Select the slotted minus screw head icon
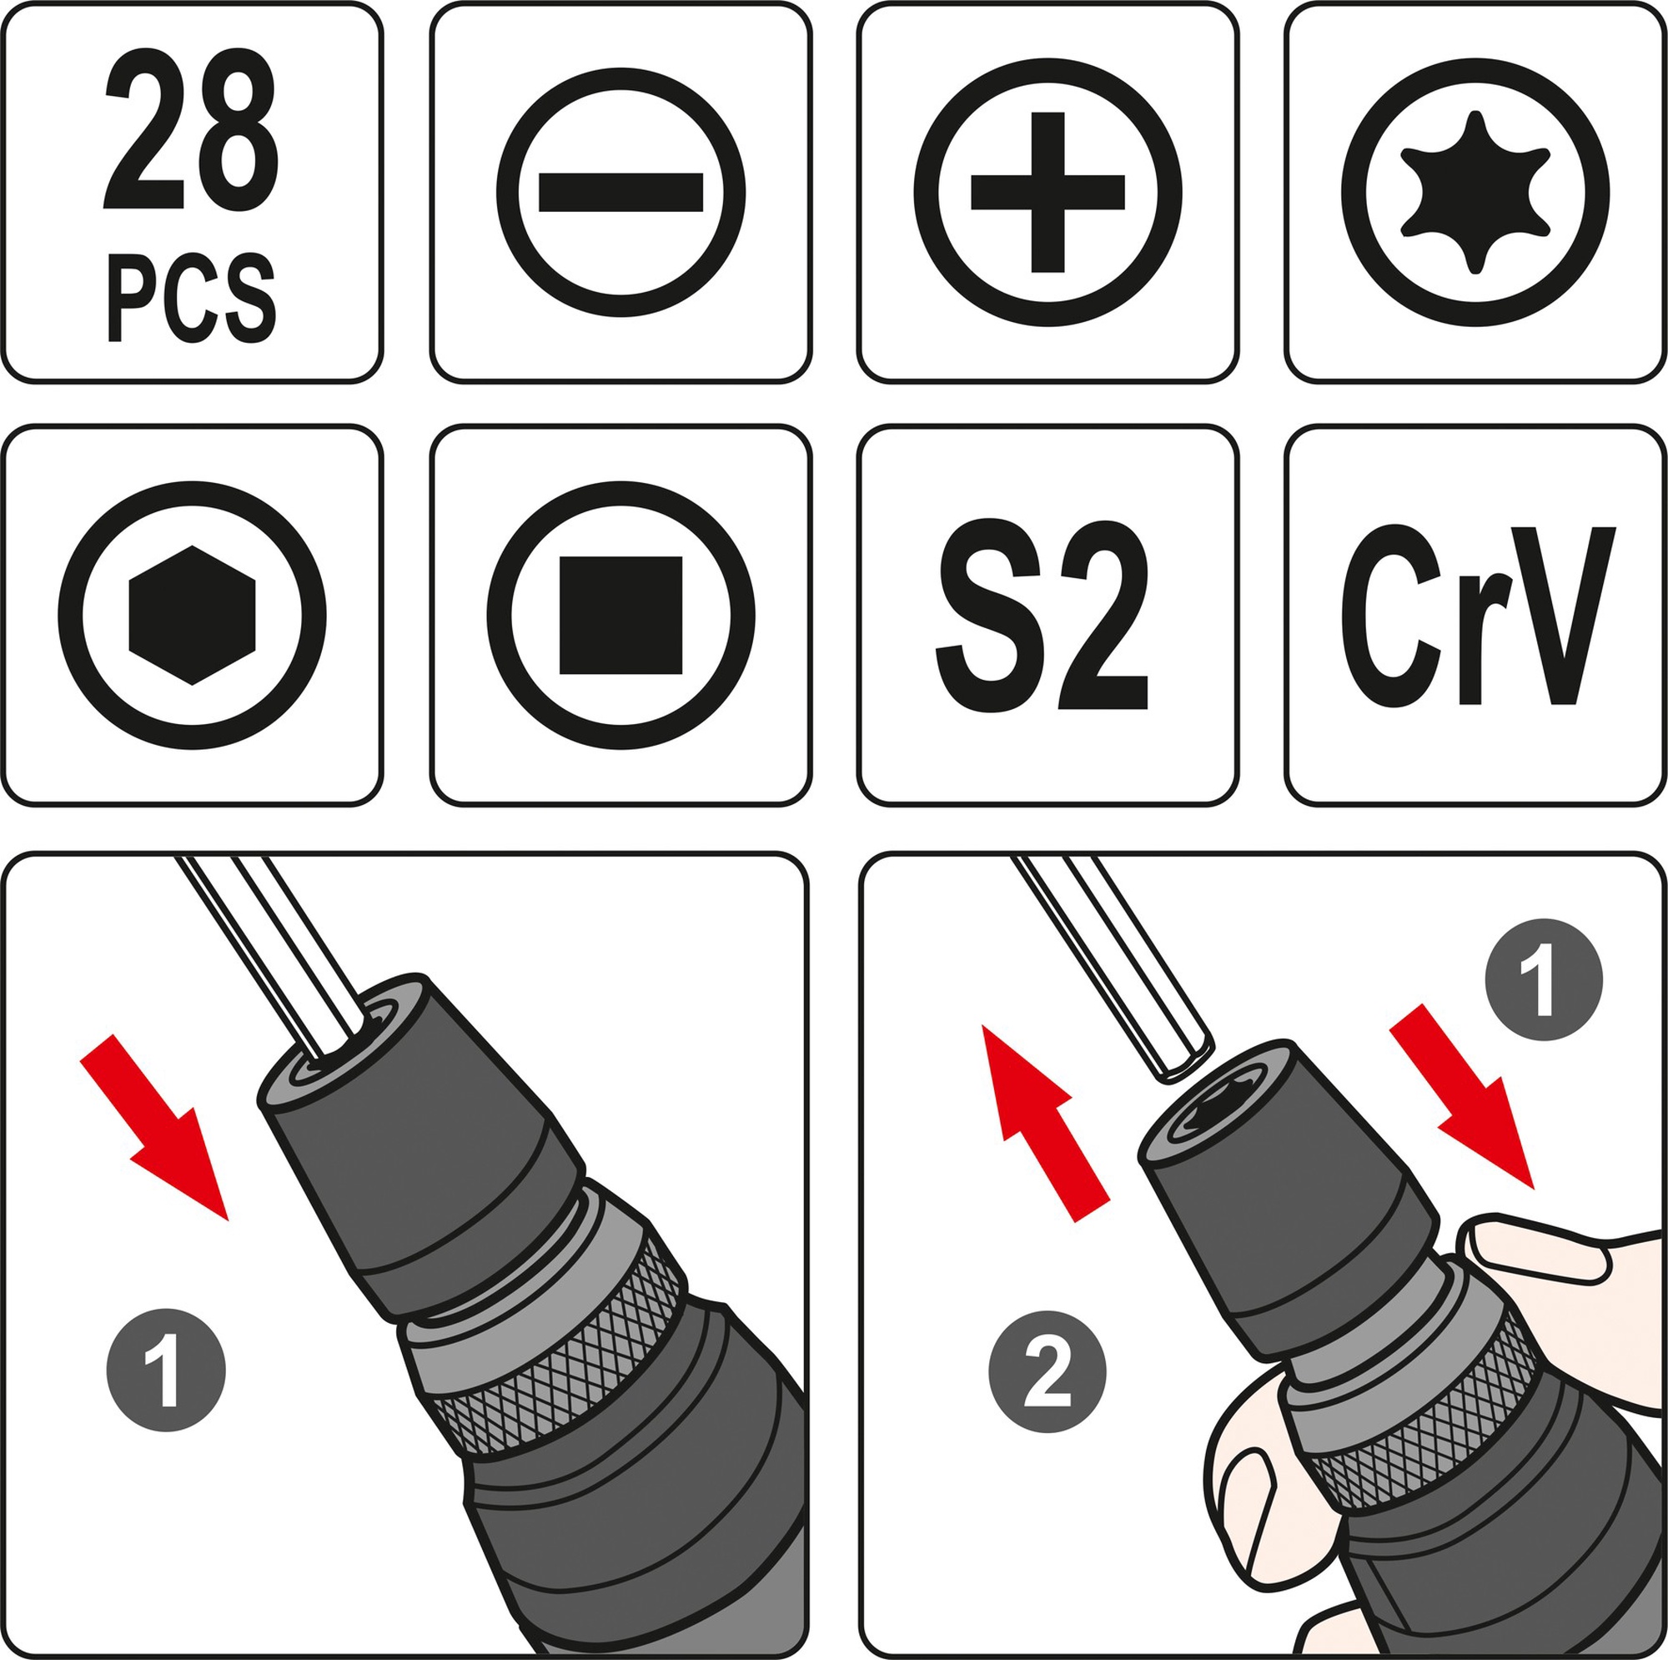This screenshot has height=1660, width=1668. (x=620, y=193)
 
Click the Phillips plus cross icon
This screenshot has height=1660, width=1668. (x=1048, y=193)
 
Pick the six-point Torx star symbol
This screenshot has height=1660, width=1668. (x=1475, y=193)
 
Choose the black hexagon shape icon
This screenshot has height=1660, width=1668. (x=192, y=616)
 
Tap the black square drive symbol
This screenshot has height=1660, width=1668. (x=620, y=615)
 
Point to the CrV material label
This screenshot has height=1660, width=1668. (x=1477, y=615)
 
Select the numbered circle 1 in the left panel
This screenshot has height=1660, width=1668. (x=166, y=1371)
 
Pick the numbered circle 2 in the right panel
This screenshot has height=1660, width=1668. (x=1048, y=1371)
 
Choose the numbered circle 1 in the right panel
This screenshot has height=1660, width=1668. (x=1544, y=979)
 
